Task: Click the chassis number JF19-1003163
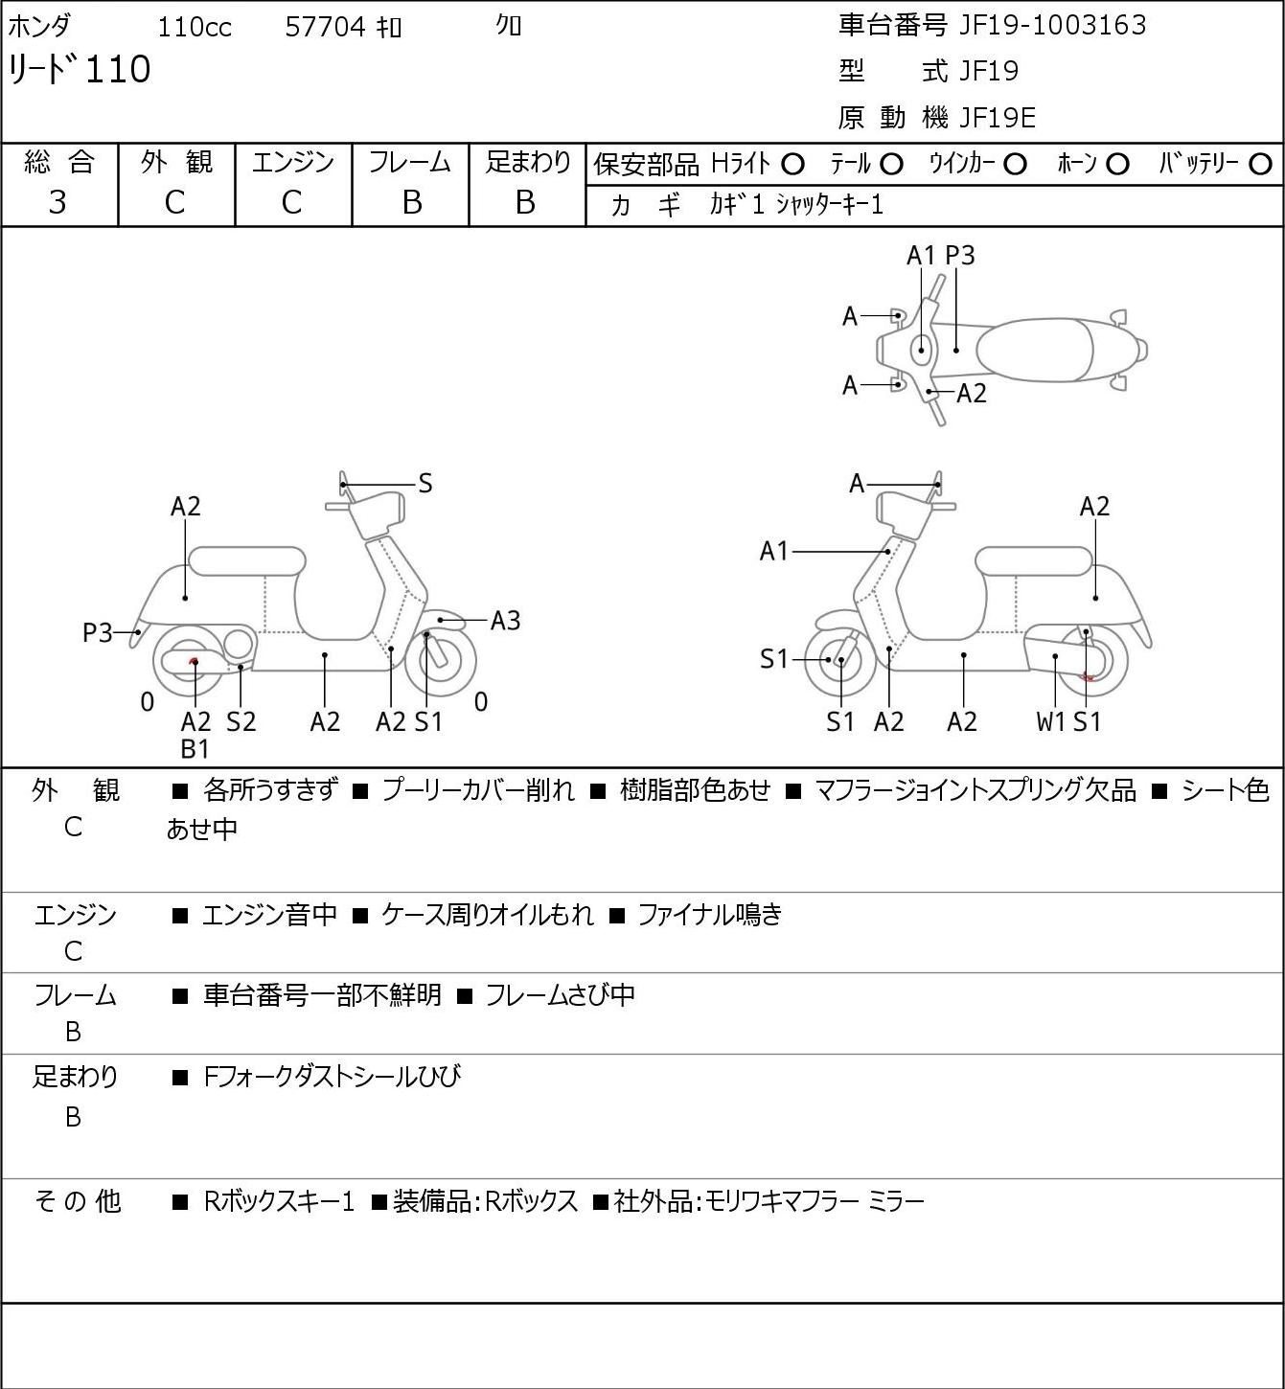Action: click(1052, 25)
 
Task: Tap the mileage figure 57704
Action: click(325, 27)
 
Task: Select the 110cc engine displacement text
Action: click(194, 27)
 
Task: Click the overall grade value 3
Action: click(57, 202)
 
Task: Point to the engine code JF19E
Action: click(998, 118)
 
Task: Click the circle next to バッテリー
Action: click(1260, 165)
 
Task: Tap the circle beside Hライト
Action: click(792, 165)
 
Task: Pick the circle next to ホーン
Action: click(1117, 165)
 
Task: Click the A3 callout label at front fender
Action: click(505, 621)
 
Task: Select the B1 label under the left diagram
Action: click(195, 749)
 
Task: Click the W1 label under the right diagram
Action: click(1050, 721)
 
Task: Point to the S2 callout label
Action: click(241, 721)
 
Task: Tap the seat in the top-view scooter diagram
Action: click(1035, 350)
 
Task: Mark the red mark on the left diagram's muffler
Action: click(194, 659)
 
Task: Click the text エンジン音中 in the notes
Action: click(270, 914)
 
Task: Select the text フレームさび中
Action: click(560, 994)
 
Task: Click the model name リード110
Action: click(80, 69)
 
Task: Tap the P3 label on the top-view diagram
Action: click(959, 255)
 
